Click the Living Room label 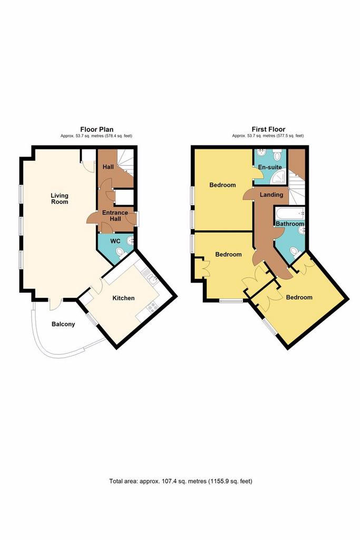coord(60,199)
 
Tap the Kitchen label coord(123,298)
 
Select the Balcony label coord(63,324)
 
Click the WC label coord(115,241)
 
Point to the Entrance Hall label coord(115,216)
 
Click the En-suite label coord(270,167)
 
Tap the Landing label coord(271,195)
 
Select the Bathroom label coord(290,224)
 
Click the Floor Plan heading coord(96,130)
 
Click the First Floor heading coord(268,130)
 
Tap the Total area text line coord(181,481)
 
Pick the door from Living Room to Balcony coord(55,304)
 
